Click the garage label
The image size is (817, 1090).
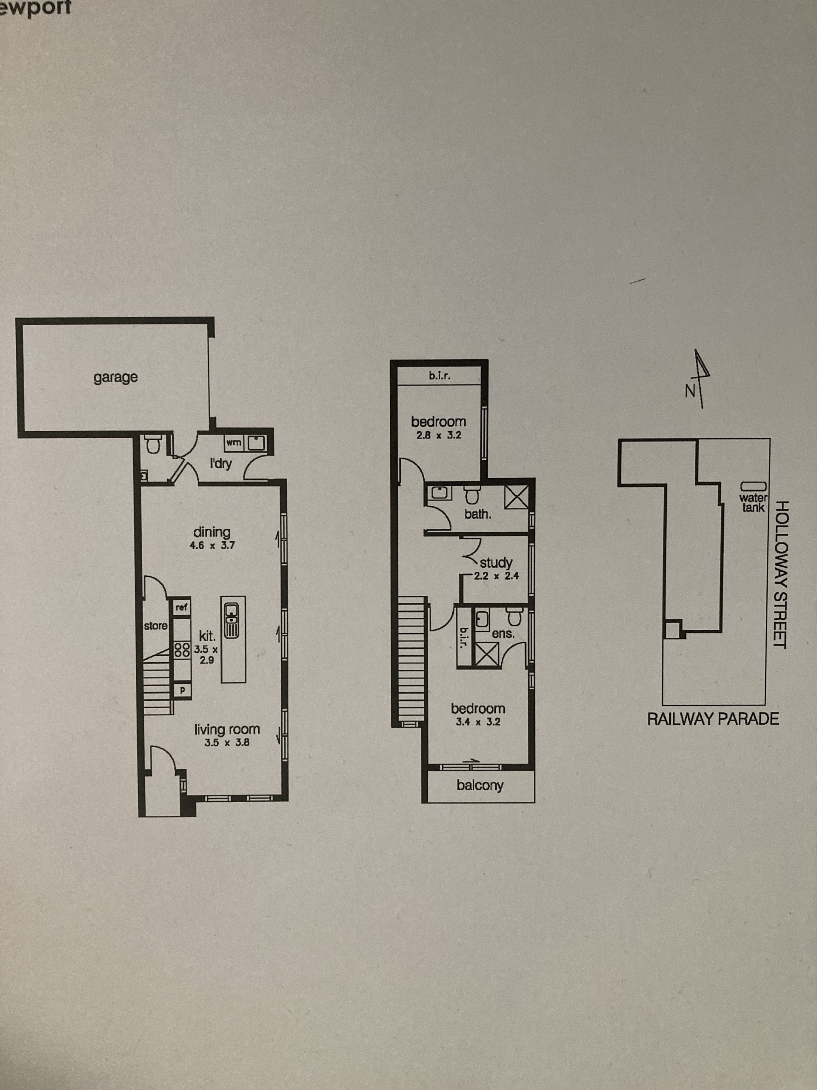click(x=116, y=378)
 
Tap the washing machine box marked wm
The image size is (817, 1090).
click(x=234, y=442)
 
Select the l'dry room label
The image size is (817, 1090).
click(x=220, y=464)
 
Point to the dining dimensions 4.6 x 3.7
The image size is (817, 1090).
click(x=212, y=545)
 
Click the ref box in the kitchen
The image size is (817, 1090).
click(x=181, y=607)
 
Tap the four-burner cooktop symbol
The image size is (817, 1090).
click(x=182, y=649)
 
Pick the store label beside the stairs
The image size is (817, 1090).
click(x=156, y=626)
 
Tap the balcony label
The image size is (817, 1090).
click(x=480, y=786)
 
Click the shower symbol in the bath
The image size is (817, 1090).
click(x=516, y=497)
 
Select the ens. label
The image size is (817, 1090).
click(x=503, y=634)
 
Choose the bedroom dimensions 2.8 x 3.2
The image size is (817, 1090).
click(x=439, y=435)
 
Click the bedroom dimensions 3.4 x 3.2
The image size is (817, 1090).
click(x=478, y=722)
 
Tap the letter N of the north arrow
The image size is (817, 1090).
click(x=690, y=391)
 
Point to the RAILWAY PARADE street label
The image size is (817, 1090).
click(x=713, y=719)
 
